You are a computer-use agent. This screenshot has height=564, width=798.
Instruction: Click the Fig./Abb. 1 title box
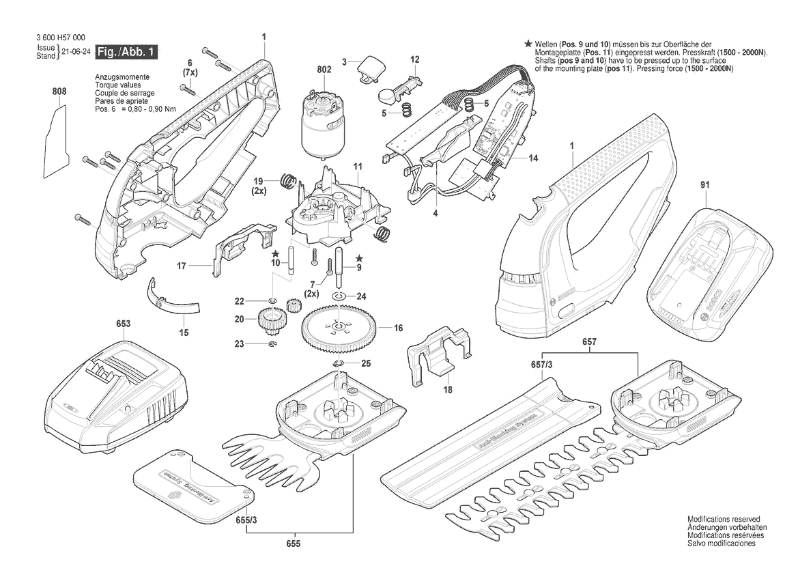[x=127, y=52]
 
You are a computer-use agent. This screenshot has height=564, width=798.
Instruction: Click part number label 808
[x=59, y=91]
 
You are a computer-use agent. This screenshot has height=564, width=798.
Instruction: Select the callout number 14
[x=532, y=158]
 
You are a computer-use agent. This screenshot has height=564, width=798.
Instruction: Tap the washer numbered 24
[x=339, y=296]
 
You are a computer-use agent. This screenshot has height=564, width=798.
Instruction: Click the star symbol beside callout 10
[x=275, y=253]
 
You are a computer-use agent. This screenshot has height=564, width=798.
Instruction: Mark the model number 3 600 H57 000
[x=61, y=38]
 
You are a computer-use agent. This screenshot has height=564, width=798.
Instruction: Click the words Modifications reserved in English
[x=723, y=520]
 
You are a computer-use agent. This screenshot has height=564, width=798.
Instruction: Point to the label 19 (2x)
[x=259, y=186]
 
